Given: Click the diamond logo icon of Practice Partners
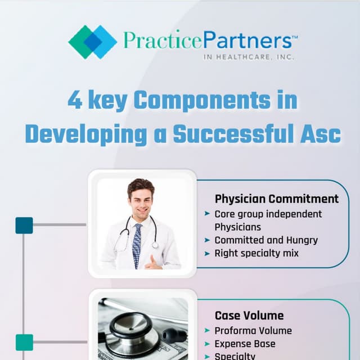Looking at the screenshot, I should click(x=92, y=42).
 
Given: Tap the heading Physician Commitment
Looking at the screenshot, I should click(x=277, y=199).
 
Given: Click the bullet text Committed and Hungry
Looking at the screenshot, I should click(x=266, y=240).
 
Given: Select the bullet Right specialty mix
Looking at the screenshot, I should click(x=256, y=253).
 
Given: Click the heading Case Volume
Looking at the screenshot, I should click(x=249, y=316).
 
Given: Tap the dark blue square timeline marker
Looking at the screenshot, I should click(x=24, y=226).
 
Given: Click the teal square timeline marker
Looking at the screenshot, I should click(x=24, y=342).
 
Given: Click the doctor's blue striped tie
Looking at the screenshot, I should click(x=137, y=245).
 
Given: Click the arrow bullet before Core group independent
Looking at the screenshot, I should click(x=207, y=214).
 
